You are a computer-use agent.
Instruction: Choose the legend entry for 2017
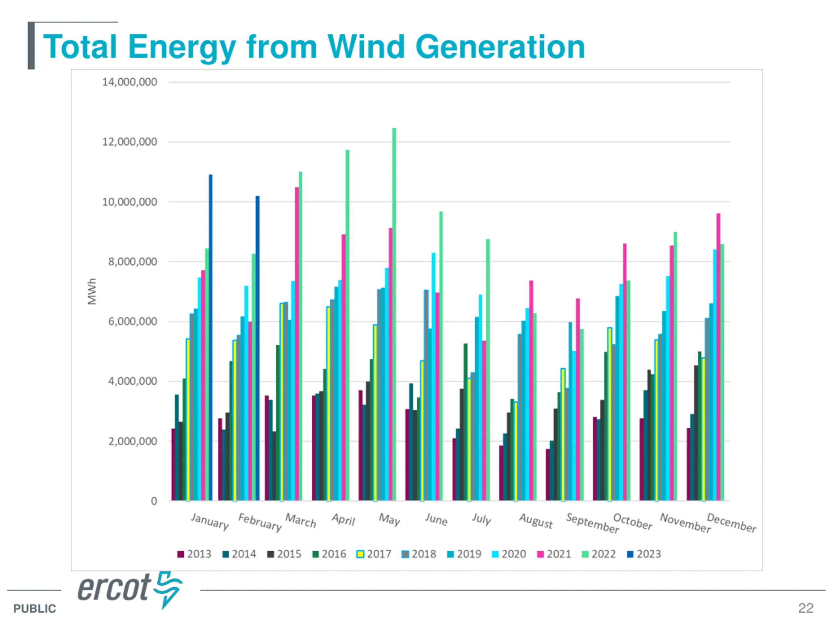pos(374,554)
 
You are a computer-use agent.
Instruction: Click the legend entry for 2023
pos(644,554)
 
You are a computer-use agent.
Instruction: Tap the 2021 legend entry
pos(554,554)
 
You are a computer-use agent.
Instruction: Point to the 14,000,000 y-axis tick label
pos(130,82)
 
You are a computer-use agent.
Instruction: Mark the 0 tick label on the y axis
pos(154,501)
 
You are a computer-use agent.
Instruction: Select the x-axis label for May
pos(389,520)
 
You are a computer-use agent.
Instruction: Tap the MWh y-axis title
pos(92,291)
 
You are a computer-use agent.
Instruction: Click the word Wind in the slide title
pos(366,47)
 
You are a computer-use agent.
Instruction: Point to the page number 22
pos(805,608)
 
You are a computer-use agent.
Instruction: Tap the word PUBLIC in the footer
pos(35,608)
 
